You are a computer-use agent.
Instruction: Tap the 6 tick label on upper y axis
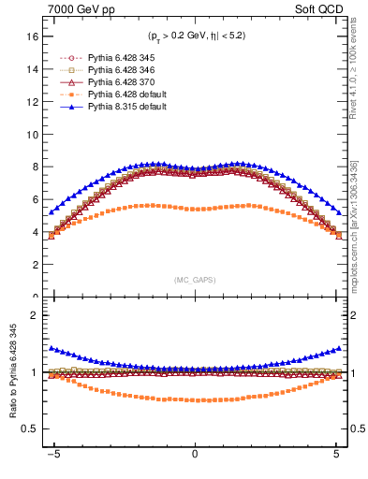pos(34,199)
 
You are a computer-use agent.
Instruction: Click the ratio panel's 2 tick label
pos(34,315)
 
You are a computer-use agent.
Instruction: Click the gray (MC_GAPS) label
pos(195,280)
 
